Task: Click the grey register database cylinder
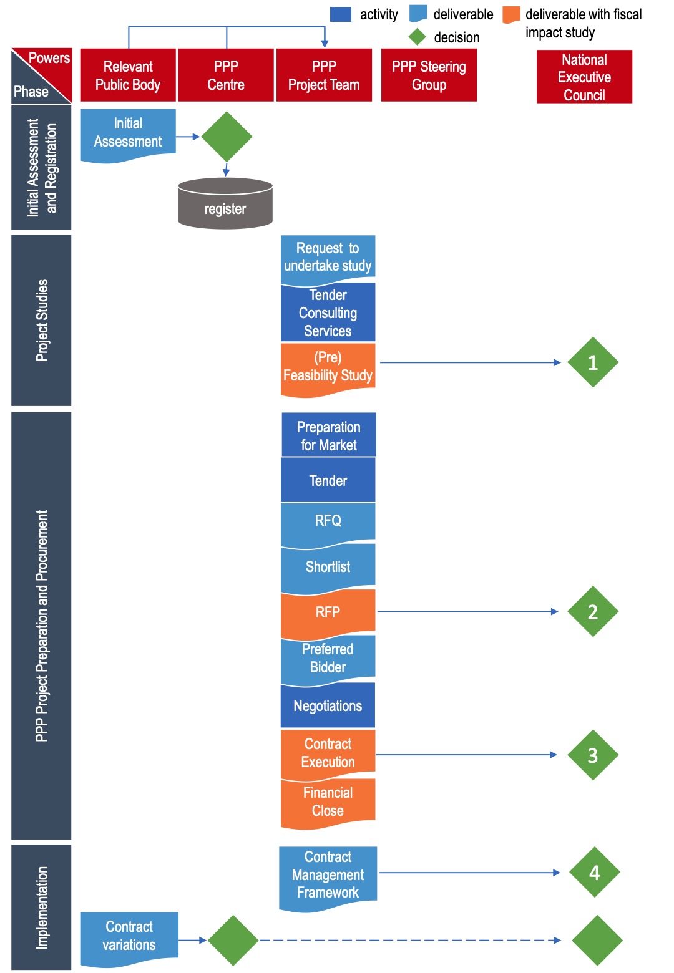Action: click(225, 203)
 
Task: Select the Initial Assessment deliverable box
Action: click(128, 133)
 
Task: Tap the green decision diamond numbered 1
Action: click(592, 362)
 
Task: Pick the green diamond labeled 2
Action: click(592, 611)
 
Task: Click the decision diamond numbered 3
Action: click(592, 755)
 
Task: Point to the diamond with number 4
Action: click(594, 872)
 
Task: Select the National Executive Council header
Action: click(584, 77)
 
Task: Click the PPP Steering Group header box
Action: click(429, 75)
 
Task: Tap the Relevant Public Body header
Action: click(128, 75)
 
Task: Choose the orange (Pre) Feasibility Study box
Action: click(328, 367)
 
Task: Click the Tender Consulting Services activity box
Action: click(328, 312)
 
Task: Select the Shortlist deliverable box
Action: click(328, 566)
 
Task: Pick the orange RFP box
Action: click(328, 612)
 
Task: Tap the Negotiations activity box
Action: click(328, 705)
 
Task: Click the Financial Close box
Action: click(328, 801)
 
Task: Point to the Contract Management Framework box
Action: click(328, 874)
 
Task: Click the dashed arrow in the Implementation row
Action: click(409, 940)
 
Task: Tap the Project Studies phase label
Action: click(41, 320)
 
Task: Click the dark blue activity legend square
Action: click(340, 14)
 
